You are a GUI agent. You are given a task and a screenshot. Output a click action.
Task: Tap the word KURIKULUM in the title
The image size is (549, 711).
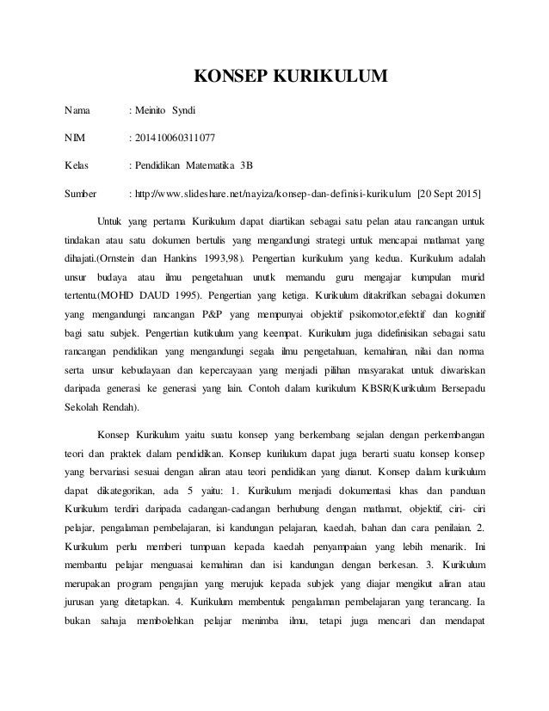(x=325, y=81)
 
